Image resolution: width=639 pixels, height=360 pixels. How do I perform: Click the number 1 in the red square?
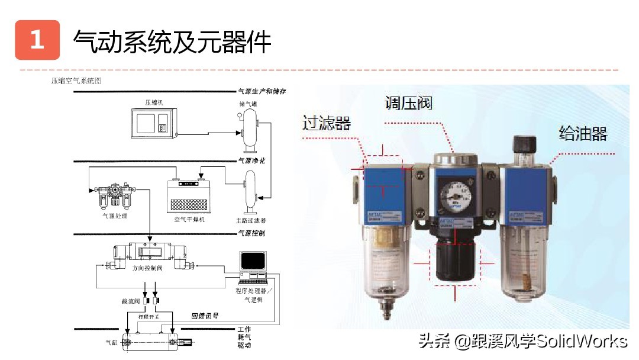(37, 40)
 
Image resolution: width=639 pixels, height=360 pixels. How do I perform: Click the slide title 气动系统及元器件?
(172, 41)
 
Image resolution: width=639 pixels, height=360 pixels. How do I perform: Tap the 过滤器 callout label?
(327, 123)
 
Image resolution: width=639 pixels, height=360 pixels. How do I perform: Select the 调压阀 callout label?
(408, 104)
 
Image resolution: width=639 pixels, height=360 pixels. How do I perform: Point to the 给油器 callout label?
(583, 133)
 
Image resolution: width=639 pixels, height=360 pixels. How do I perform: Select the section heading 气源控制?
(251, 233)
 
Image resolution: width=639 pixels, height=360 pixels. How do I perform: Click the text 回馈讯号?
(205, 316)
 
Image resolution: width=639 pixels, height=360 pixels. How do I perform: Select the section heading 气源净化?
(251, 160)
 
